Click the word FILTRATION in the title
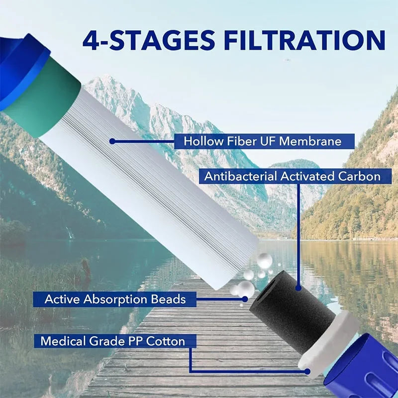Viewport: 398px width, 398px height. (304, 40)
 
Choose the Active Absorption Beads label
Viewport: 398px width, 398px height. (115, 299)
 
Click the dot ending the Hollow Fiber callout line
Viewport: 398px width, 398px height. (112, 141)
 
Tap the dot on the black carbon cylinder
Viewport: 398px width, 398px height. (299, 288)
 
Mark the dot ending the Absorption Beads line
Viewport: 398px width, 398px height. (245, 299)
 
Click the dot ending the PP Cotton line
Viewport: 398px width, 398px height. (307, 372)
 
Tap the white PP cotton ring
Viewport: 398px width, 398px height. (327, 345)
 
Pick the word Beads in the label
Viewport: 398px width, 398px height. (168, 299)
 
